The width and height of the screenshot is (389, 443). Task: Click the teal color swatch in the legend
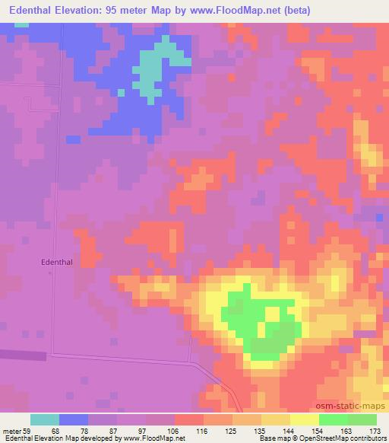[x=45, y=419]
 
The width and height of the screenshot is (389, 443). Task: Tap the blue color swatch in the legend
[x=74, y=419]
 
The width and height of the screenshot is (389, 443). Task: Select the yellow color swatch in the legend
[x=305, y=419]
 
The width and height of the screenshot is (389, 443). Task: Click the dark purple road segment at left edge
[x=23, y=355]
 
